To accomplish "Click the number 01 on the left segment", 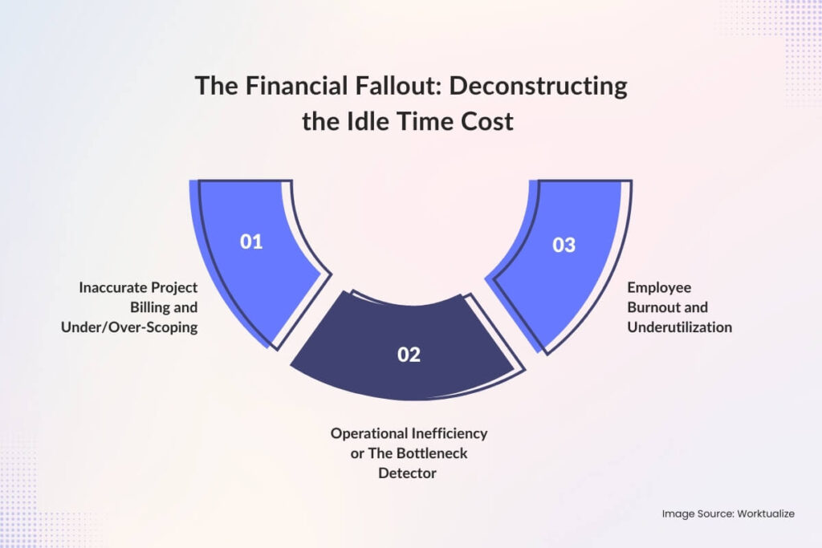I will pos(251,242).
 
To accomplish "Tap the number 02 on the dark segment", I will pos(409,354).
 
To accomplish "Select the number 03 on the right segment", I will pos(564,245).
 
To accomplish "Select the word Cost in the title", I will pos(489,123).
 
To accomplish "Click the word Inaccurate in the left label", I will pos(113,287).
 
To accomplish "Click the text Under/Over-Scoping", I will pos(129,327).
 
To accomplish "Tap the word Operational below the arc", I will pos(368,433).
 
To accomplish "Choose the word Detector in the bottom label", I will pos(408,473).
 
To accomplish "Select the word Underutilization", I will pos(680,327).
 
